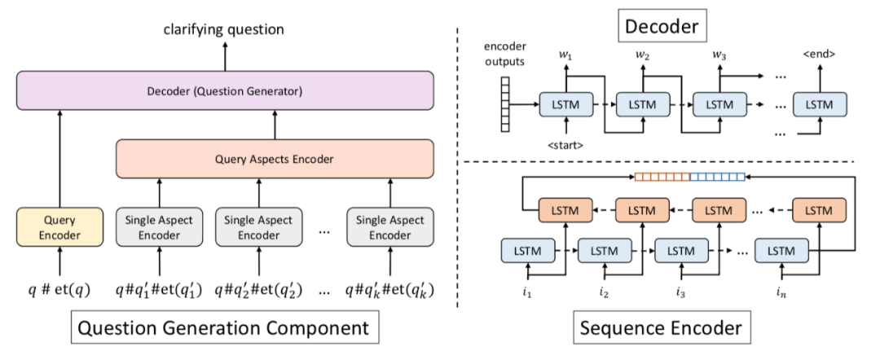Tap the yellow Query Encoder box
[x=60, y=227]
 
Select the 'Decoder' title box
[x=661, y=27]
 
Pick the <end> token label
[x=819, y=55]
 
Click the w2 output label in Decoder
[x=643, y=56]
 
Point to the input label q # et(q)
[x=59, y=288]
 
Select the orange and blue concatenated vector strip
[x=689, y=176]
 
